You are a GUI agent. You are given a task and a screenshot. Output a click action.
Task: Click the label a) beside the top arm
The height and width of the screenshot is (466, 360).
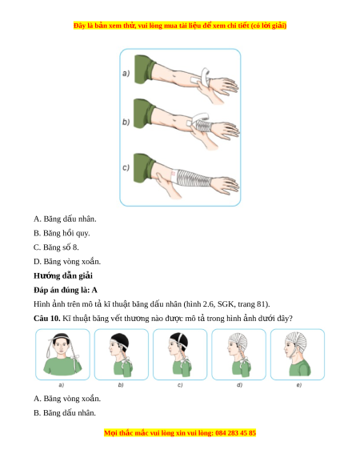click(126, 73)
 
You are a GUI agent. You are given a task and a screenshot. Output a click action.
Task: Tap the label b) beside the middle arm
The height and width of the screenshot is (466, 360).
click(126, 122)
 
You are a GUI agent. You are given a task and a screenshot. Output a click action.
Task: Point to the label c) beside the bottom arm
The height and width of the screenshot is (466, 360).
click(126, 167)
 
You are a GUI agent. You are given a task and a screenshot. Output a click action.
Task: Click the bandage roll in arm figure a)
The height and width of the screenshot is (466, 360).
click(206, 75)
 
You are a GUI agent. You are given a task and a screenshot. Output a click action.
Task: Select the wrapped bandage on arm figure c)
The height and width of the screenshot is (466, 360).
click(191, 178)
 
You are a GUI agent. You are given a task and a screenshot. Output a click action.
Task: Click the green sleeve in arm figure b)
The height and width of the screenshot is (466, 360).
click(145, 114)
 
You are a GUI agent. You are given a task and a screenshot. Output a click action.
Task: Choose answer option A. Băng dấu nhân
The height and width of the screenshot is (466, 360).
click(65, 219)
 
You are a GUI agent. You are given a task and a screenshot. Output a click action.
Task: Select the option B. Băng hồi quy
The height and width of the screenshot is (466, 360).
click(62, 233)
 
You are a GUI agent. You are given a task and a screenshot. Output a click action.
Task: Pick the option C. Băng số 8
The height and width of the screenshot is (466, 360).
click(56, 247)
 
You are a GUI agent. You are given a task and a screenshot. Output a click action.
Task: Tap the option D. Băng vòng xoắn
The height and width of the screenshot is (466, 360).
click(67, 262)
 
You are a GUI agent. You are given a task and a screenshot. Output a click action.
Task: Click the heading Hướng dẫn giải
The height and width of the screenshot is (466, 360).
click(63, 275)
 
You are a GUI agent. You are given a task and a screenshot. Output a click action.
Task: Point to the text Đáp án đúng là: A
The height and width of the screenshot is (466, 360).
click(66, 290)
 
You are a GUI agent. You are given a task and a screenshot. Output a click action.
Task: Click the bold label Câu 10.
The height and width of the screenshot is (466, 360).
click(47, 319)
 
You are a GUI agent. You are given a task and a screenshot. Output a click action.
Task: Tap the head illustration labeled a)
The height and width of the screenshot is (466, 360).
click(62, 354)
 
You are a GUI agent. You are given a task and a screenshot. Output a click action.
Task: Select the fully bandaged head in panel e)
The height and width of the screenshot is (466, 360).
click(297, 354)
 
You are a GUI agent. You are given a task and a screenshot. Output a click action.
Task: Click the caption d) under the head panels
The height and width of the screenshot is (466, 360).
click(239, 385)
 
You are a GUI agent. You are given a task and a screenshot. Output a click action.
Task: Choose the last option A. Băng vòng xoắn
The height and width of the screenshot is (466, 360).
click(67, 399)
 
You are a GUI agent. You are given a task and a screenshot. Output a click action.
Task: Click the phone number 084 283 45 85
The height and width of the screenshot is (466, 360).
click(235, 432)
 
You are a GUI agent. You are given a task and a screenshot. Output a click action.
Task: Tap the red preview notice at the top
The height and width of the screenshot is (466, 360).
click(180, 26)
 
